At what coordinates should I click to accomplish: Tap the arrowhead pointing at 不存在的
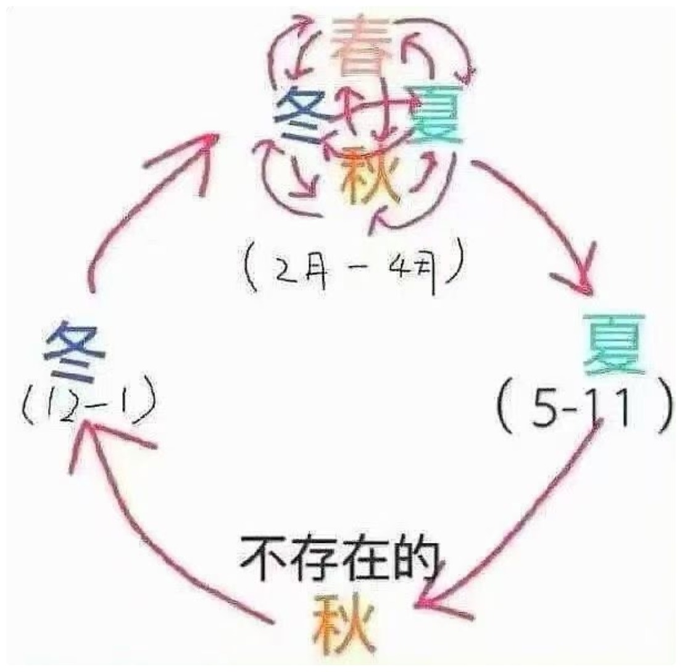[429, 602]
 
